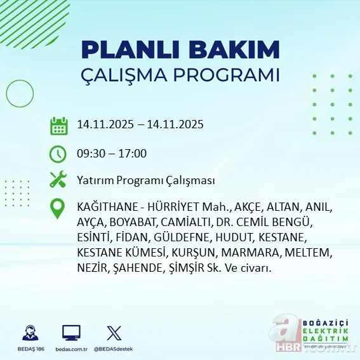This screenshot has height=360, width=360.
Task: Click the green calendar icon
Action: [x=58, y=125]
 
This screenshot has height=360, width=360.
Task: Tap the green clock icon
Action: [x=58, y=154]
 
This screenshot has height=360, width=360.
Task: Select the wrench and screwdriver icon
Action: [x=58, y=180]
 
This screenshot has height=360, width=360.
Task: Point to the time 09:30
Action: [x=90, y=154]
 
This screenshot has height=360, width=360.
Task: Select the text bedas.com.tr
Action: [x=71, y=349]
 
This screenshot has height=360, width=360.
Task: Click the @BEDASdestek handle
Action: [x=114, y=349]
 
